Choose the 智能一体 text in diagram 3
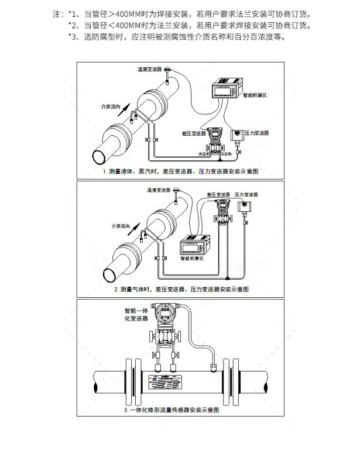pos(135,310)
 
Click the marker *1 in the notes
pos(73,13)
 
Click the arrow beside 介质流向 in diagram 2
pos(135,228)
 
